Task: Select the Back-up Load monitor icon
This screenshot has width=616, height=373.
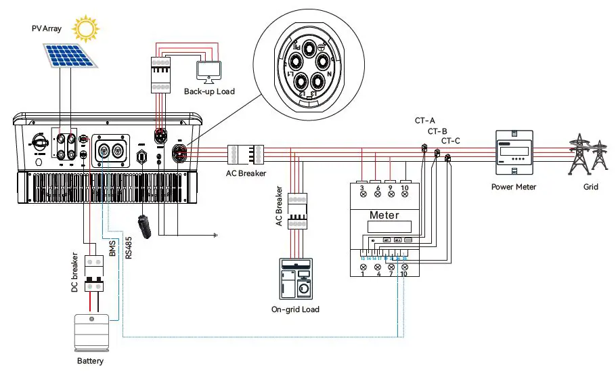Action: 208,70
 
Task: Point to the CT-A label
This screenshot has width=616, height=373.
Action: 425,120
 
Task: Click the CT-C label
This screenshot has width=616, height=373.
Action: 451,141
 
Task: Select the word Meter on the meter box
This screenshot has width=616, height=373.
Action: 384,215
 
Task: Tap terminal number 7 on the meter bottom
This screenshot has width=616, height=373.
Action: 391,273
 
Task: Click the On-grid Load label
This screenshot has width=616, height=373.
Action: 296,309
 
